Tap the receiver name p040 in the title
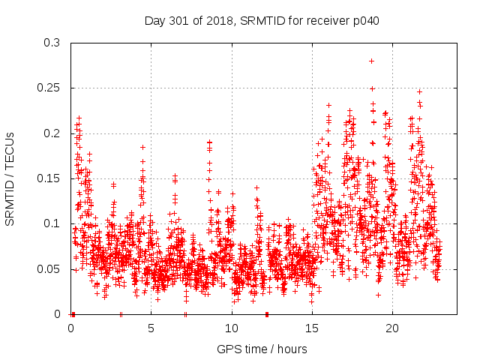pyautogui.click(x=364, y=20)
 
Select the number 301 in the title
pyautogui.click(x=179, y=20)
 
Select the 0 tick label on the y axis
pyautogui.click(x=60, y=314)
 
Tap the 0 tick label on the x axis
pyautogui.click(x=71, y=328)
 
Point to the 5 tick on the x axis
pyautogui.click(x=151, y=328)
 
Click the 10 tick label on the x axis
pyautogui.click(x=232, y=328)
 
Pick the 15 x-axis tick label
pyautogui.click(x=312, y=328)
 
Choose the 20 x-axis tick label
pyautogui.click(x=392, y=328)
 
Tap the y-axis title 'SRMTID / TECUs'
pyautogui.click(x=10, y=178)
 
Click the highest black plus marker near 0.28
pyautogui.click(x=371, y=61)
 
